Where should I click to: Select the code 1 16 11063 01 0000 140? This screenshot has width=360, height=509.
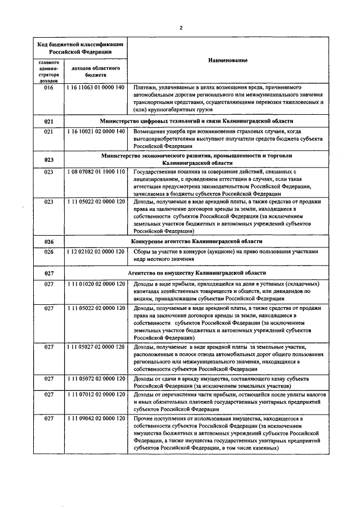(94, 88)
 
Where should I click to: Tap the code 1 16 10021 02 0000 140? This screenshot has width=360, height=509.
(94, 132)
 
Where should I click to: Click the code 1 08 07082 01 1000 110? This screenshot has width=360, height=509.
(94, 172)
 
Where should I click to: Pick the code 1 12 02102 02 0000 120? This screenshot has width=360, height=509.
(94, 252)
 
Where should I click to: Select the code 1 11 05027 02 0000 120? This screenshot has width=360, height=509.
(94, 347)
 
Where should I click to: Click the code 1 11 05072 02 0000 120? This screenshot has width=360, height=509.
(94, 379)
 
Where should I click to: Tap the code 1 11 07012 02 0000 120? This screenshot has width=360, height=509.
(94, 395)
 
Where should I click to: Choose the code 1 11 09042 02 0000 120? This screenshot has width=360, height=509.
(94, 419)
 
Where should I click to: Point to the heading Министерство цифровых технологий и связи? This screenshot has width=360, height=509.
(196, 120)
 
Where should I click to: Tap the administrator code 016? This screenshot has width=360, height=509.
(48, 88)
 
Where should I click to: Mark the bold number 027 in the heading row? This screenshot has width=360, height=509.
(48, 272)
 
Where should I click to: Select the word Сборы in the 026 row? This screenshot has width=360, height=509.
(142, 252)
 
